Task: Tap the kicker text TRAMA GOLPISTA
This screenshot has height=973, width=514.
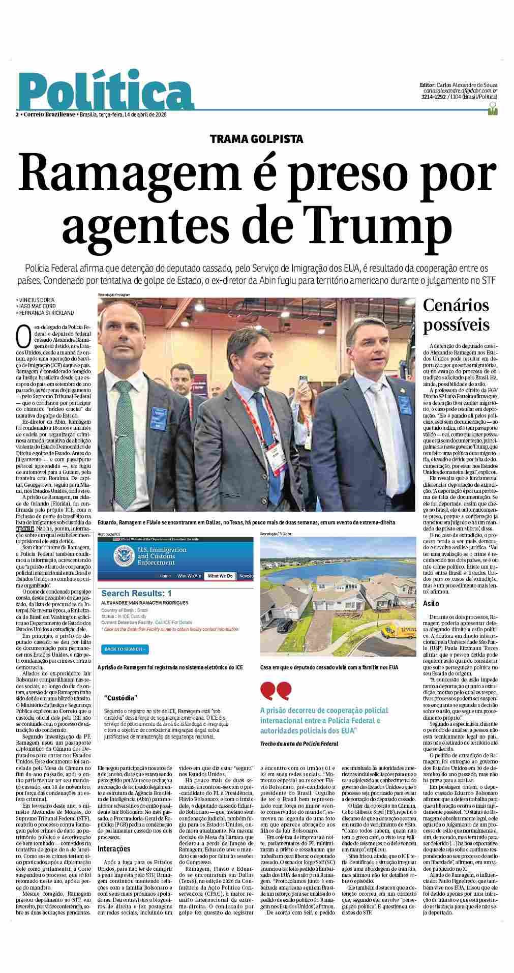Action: pyautogui.click(x=257, y=138)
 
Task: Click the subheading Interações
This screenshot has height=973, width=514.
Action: pyautogui.click(x=114, y=848)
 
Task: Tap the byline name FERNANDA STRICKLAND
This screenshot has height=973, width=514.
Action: pyautogui.click(x=46, y=313)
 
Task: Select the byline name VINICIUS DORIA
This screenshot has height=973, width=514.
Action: pyautogui.click(x=37, y=300)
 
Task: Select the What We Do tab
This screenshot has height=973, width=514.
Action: pyautogui.click(x=220, y=576)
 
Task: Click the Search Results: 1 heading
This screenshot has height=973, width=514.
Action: pyautogui.click(x=136, y=593)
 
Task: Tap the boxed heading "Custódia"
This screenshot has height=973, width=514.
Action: pyautogui.click(x=120, y=698)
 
